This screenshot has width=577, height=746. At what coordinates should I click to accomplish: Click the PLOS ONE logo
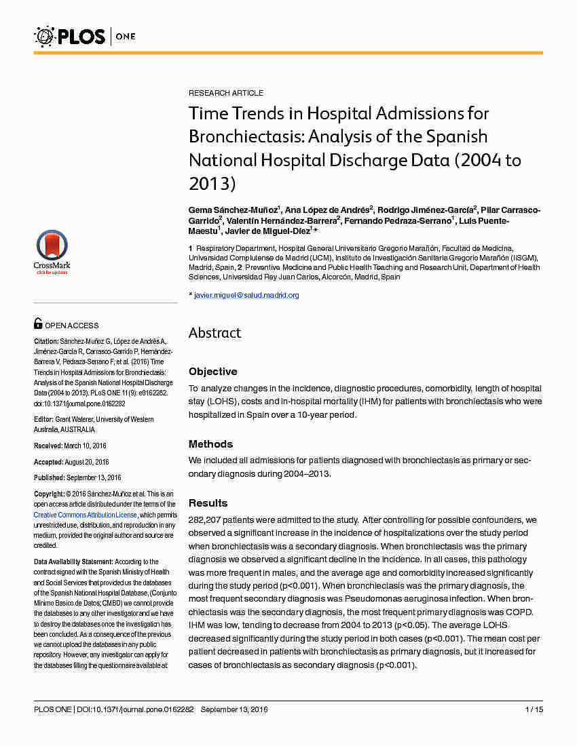click(x=84, y=36)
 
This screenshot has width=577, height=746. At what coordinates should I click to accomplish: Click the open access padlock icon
click(x=38, y=324)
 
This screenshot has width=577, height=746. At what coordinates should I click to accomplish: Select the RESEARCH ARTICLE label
click(x=225, y=93)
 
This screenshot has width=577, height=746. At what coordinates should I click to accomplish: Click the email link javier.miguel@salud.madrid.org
click(x=246, y=296)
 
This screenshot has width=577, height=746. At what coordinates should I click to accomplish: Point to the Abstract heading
click(x=215, y=333)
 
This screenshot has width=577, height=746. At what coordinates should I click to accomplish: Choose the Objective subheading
click(x=212, y=372)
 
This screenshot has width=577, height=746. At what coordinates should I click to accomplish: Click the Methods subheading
click(x=210, y=444)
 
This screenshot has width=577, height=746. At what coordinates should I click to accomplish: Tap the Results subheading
click(x=208, y=503)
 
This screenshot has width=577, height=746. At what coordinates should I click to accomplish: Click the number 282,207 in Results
click(x=204, y=519)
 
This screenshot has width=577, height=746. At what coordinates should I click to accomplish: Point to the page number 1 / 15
click(x=534, y=709)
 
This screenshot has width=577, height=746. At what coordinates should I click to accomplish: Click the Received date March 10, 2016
click(x=85, y=446)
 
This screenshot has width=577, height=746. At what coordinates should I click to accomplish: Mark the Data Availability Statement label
click(x=73, y=562)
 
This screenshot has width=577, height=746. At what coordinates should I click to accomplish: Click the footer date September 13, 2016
click(x=234, y=709)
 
